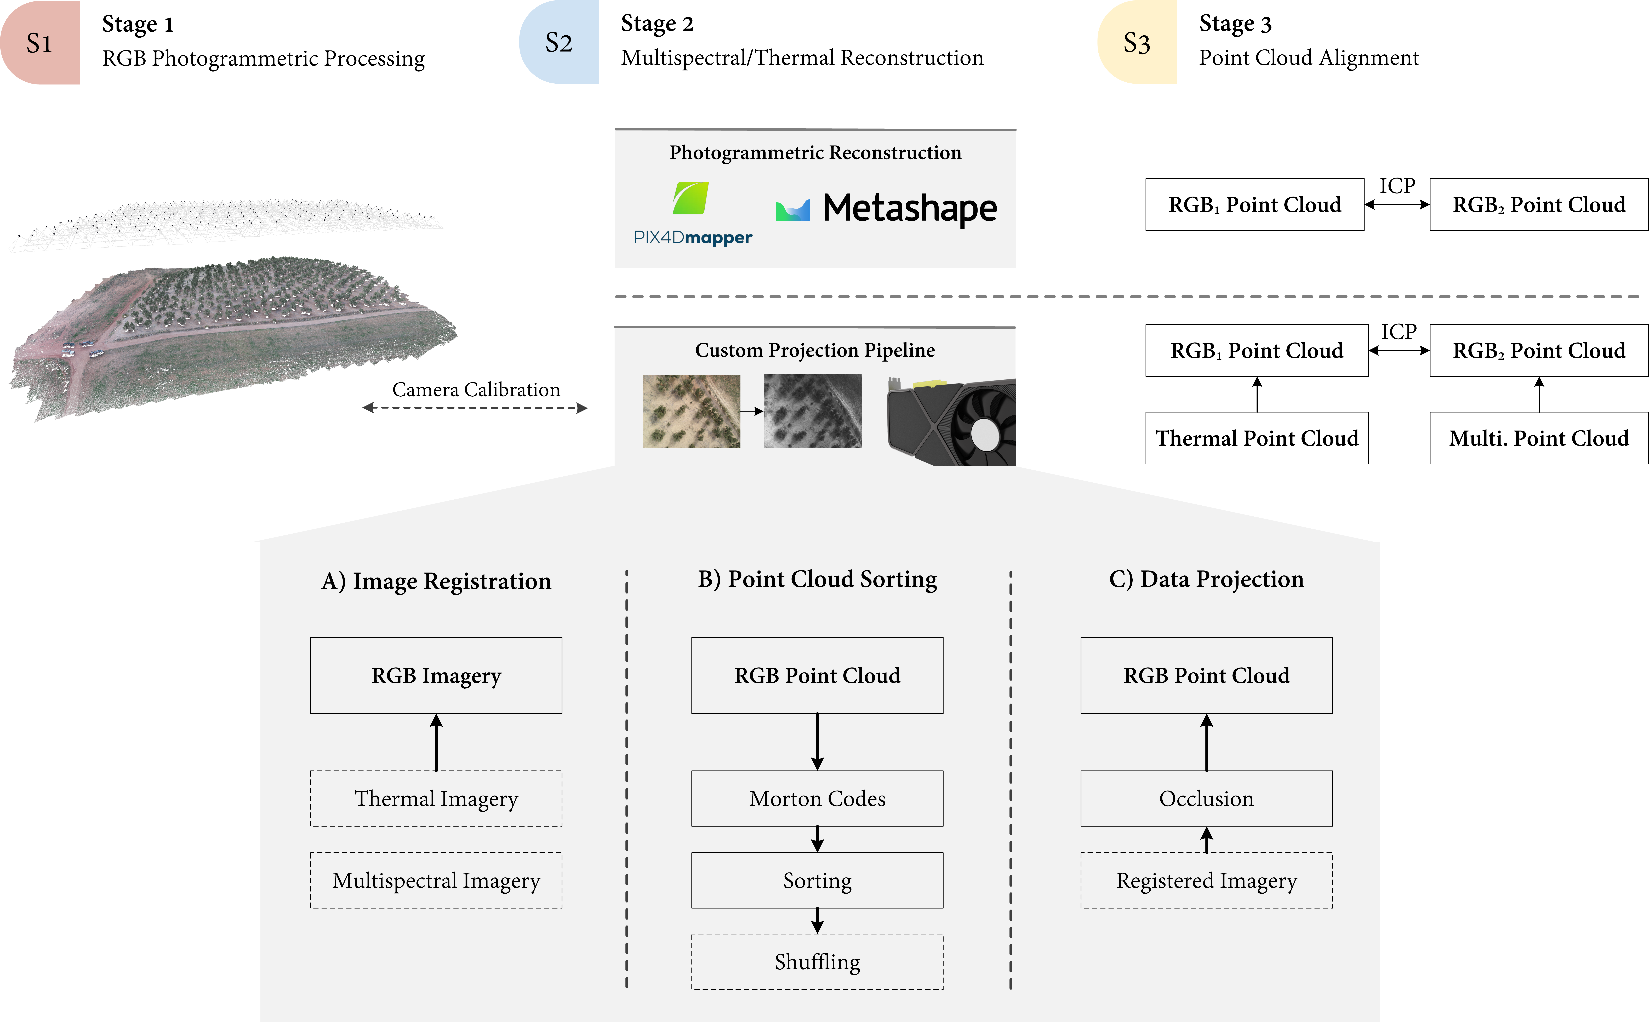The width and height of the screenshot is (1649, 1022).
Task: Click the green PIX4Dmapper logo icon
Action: click(x=691, y=198)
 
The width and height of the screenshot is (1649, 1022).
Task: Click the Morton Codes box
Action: click(x=817, y=798)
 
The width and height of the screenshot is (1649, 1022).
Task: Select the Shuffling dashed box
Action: click(x=817, y=962)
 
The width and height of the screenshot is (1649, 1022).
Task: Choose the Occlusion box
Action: click(x=1206, y=798)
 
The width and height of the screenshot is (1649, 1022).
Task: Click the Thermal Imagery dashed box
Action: click(x=436, y=798)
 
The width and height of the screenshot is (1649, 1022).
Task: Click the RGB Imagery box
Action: click(x=436, y=675)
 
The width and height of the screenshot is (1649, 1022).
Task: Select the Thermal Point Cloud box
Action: click(x=1256, y=438)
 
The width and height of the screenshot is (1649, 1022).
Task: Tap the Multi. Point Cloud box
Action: click(x=1539, y=438)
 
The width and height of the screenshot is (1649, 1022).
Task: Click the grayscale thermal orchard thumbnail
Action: click(x=812, y=411)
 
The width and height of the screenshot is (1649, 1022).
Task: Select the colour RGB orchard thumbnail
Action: click(x=691, y=411)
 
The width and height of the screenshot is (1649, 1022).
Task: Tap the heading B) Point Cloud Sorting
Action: click(x=817, y=579)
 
